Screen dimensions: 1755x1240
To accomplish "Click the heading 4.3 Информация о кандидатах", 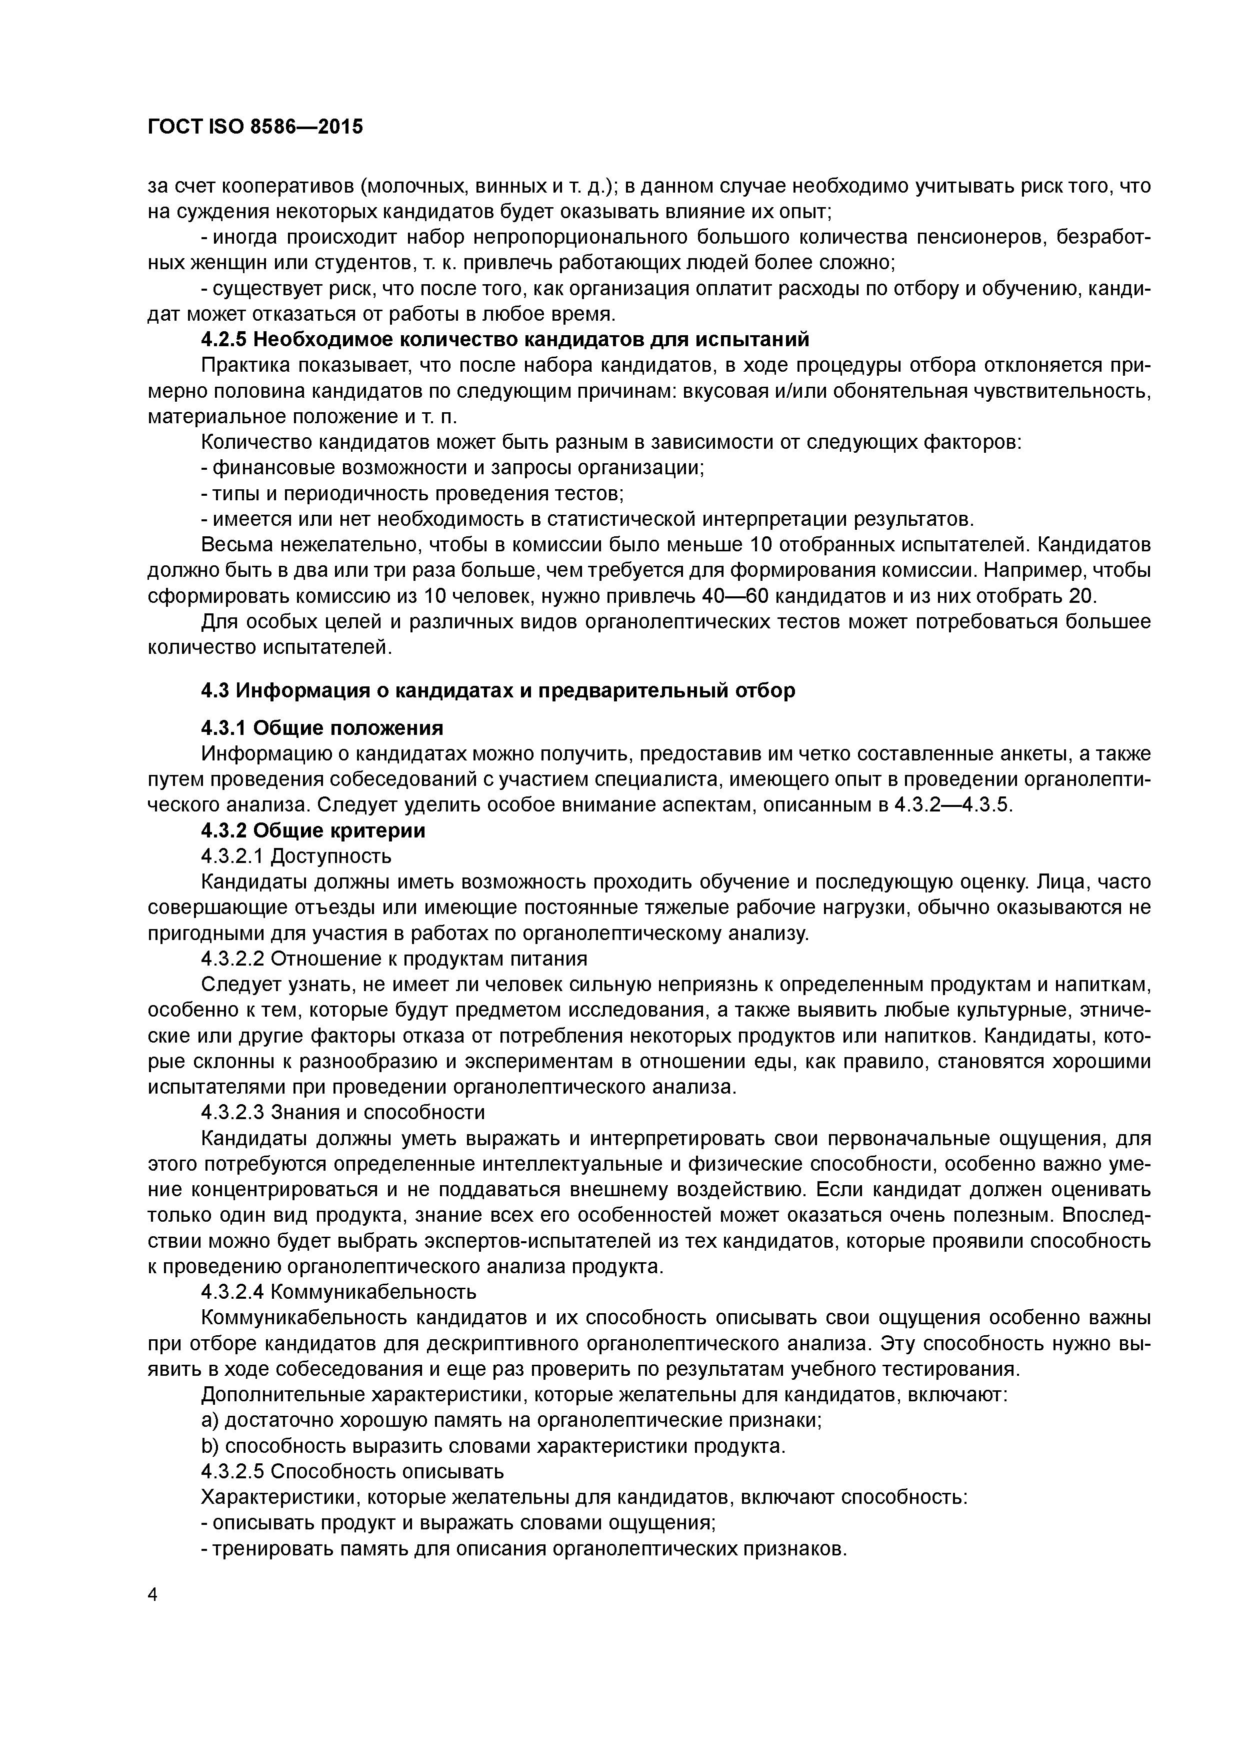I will point(497,690).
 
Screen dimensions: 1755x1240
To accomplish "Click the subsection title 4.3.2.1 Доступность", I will point(296,855).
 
